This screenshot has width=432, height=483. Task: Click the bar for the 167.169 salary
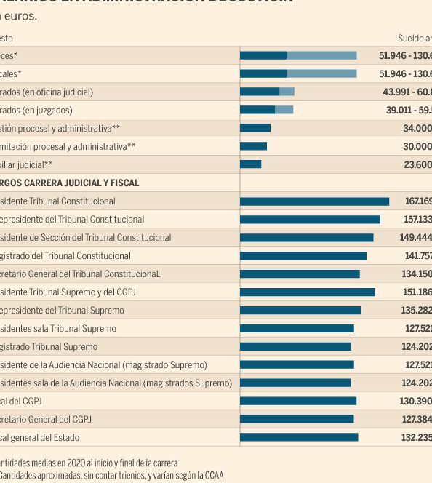click(x=314, y=201)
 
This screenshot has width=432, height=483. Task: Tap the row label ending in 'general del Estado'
click(x=40, y=438)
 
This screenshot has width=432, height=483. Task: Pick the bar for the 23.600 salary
click(x=250, y=164)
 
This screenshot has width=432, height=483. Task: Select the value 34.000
click(x=417, y=129)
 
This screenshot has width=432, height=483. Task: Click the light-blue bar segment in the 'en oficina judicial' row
click(x=287, y=92)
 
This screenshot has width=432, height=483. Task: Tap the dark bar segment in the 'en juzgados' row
click(x=257, y=110)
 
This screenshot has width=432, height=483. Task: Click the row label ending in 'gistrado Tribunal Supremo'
click(x=49, y=347)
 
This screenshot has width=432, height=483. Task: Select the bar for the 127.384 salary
click(x=297, y=419)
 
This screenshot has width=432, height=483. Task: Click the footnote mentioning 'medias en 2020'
click(x=89, y=463)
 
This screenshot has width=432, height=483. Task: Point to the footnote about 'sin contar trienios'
click(x=112, y=476)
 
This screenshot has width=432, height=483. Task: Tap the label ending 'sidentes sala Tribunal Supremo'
click(x=58, y=329)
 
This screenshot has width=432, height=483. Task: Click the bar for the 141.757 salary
click(x=303, y=255)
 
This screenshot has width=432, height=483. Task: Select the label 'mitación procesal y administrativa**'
click(x=68, y=147)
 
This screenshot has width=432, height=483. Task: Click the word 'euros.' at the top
click(x=23, y=15)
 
